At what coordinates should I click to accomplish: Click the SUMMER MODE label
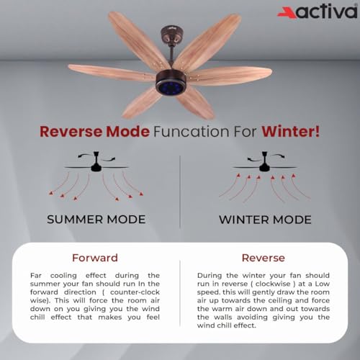tap(96, 219)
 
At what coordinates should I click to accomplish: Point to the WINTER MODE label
tap(265, 219)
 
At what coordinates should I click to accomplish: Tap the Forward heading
tap(96, 257)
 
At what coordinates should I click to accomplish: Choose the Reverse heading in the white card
tap(263, 257)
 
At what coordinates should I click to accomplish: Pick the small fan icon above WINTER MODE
tap(265, 166)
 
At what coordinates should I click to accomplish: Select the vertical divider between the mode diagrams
tap(180, 187)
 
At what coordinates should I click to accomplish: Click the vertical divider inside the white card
tap(180, 295)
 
